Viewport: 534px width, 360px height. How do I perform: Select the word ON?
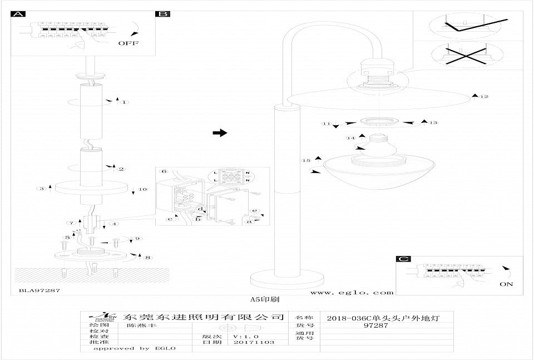point(507,284)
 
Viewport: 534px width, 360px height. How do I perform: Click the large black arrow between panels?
point(220,133)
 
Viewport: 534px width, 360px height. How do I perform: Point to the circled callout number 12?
point(484,97)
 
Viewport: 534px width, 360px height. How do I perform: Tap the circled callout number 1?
point(125,102)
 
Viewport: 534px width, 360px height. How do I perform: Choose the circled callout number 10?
point(143,190)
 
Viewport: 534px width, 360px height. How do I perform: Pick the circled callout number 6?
point(164,171)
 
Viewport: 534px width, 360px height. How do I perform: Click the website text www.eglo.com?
point(352,292)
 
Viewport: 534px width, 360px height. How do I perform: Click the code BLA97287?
point(39,290)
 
